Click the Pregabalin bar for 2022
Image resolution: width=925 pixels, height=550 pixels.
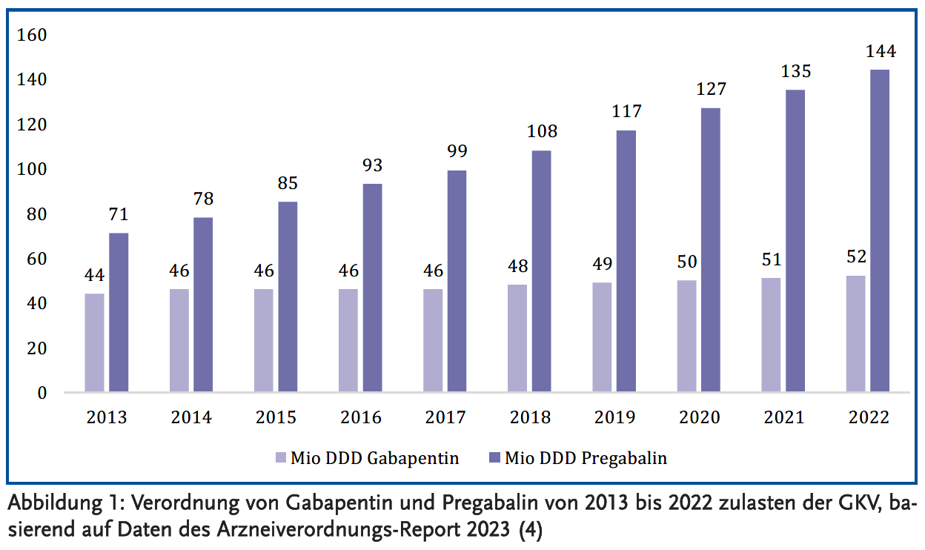[x=880, y=231]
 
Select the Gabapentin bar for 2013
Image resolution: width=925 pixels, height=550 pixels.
[x=94, y=342]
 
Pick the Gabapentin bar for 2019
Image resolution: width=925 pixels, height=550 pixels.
[x=602, y=337]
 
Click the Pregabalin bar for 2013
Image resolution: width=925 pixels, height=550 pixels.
[x=119, y=312]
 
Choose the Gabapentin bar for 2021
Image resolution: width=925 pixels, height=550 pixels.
[x=771, y=334]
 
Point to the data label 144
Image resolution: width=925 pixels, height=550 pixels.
[x=880, y=52]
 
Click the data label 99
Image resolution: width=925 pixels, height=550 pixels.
[x=457, y=153]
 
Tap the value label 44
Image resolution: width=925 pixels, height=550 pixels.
[x=94, y=276]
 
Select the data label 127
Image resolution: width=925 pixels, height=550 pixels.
[x=711, y=90]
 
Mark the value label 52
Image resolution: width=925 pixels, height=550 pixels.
[x=855, y=257]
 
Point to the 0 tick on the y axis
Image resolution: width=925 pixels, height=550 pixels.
[x=42, y=393]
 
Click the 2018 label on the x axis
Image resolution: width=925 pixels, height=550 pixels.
[x=530, y=418]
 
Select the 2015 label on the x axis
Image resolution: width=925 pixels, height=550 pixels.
[x=276, y=418]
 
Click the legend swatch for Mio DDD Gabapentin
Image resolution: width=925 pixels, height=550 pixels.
[x=280, y=458]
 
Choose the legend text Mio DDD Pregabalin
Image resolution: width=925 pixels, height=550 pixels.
[x=586, y=458]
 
